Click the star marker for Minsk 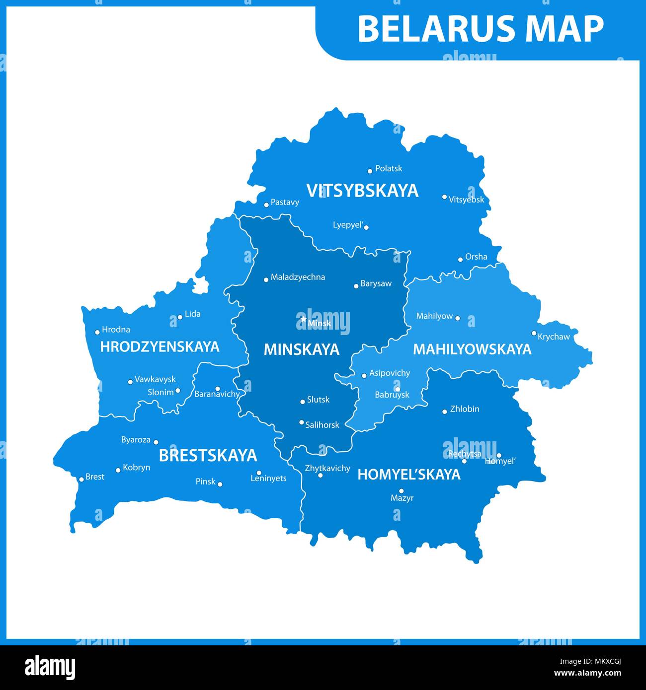303,319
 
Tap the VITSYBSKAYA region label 362,191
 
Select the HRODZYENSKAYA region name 160,346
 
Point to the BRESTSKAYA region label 208,455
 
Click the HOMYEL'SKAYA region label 409,475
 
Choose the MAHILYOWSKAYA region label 472,349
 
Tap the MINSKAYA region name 301,349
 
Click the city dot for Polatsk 370,171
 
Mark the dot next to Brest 81,480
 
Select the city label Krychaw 554,337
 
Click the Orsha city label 476,257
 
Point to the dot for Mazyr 402,490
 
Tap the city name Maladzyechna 298,277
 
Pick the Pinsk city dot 220,484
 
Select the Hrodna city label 116,330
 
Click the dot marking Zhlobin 445,412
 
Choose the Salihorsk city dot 301,422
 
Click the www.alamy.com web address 587,673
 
